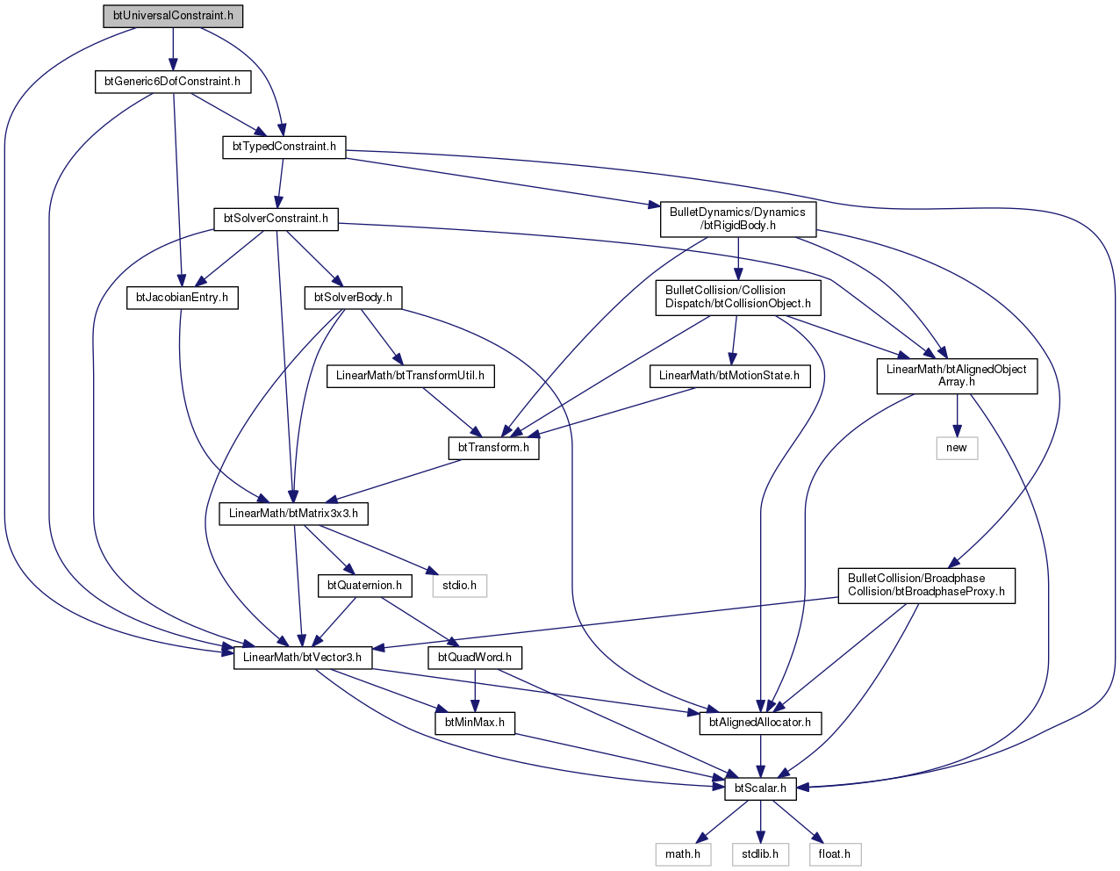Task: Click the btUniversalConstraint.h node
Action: click(x=173, y=16)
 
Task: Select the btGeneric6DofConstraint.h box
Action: click(x=173, y=82)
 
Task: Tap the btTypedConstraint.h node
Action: click(x=284, y=147)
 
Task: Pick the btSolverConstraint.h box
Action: click(x=276, y=219)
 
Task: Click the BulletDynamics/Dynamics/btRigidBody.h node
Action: click(x=737, y=219)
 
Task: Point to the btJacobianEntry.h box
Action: click(x=182, y=298)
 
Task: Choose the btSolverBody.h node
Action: click(x=353, y=298)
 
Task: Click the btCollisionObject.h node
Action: click(x=737, y=298)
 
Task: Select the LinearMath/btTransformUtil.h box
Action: click(x=410, y=376)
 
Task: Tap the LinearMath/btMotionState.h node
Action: click(x=729, y=376)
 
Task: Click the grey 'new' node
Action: click(x=957, y=448)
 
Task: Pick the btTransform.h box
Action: click(x=493, y=448)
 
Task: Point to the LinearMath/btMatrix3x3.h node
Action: click(x=293, y=514)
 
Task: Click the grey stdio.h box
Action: click(x=459, y=586)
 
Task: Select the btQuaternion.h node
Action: click(x=364, y=586)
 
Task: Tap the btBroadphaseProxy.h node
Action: click(x=926, y=586)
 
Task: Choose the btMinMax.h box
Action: click(x=475, y=723)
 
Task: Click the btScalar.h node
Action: click(x=760, y=788)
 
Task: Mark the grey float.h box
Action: click(x=835, y=854)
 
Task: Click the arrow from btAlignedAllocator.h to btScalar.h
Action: click(x=760, y=756)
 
